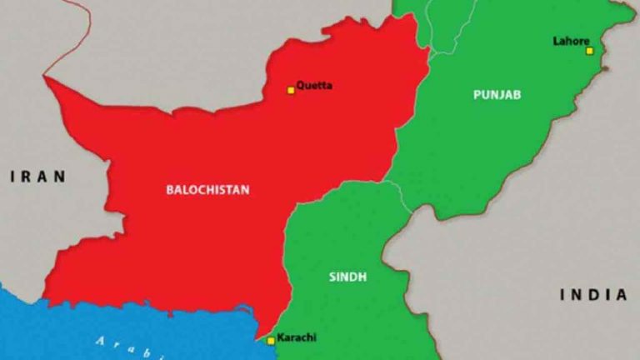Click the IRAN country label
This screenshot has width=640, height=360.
(37, 176)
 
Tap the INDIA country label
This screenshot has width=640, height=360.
(592, 294)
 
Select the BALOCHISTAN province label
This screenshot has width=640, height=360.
(207, 190)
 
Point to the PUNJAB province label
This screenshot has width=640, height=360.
(497, 95)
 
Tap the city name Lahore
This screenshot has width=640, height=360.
(571, 41)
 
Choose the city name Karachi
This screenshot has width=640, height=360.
(297, 337)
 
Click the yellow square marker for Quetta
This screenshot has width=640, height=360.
(291, 90)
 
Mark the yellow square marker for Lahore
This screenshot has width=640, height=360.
(589, 51)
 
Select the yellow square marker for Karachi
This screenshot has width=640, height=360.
(271, 340)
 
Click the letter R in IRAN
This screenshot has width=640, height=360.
(26, 176)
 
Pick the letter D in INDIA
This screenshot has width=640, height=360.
(592, 294)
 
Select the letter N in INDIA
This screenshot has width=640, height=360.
(577, 294)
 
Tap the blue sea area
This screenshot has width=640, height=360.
(50, 333)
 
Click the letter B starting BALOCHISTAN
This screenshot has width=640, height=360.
(170, 190)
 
